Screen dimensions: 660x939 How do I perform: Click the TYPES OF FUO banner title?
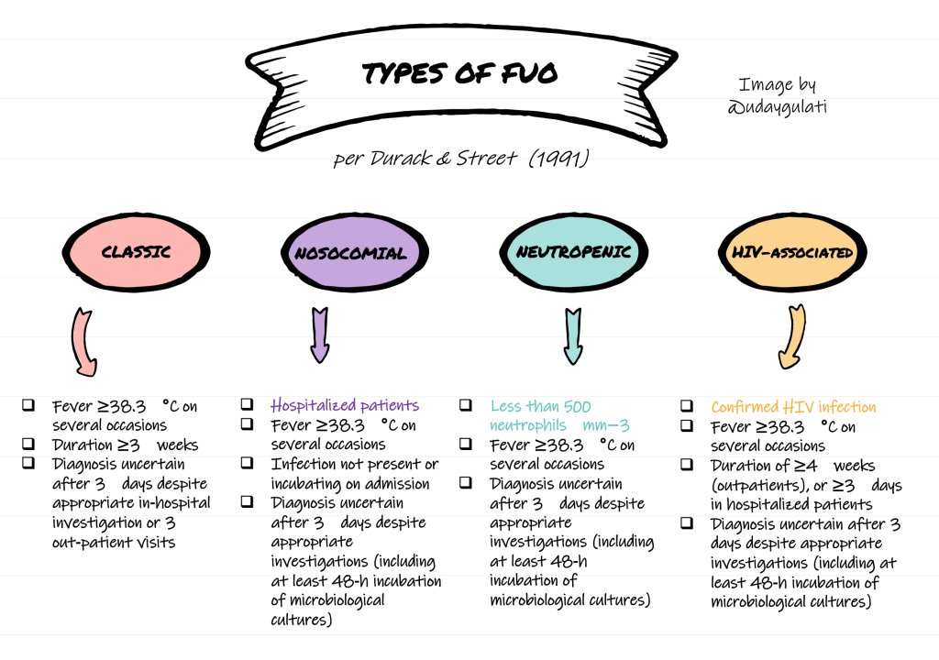[x=459, y=74]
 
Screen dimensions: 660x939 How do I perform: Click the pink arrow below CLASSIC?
[x=83, y=343]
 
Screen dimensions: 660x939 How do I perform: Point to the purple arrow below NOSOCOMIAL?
[x=320, y=335]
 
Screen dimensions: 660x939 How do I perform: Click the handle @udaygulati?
[x=776, y=107]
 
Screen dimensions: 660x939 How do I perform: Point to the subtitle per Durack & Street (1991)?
[x=461, y=159]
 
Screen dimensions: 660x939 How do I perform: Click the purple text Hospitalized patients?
[x=345, y=405]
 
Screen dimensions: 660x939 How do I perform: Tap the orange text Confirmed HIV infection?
[x=793, y=407]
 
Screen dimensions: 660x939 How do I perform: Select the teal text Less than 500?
[x=541, y=406]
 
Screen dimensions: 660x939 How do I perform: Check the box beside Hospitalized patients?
[x=248, y=404]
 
